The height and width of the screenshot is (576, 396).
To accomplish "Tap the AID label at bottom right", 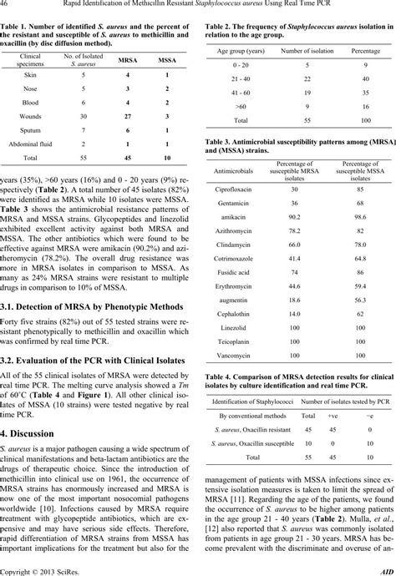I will (387, 570).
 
